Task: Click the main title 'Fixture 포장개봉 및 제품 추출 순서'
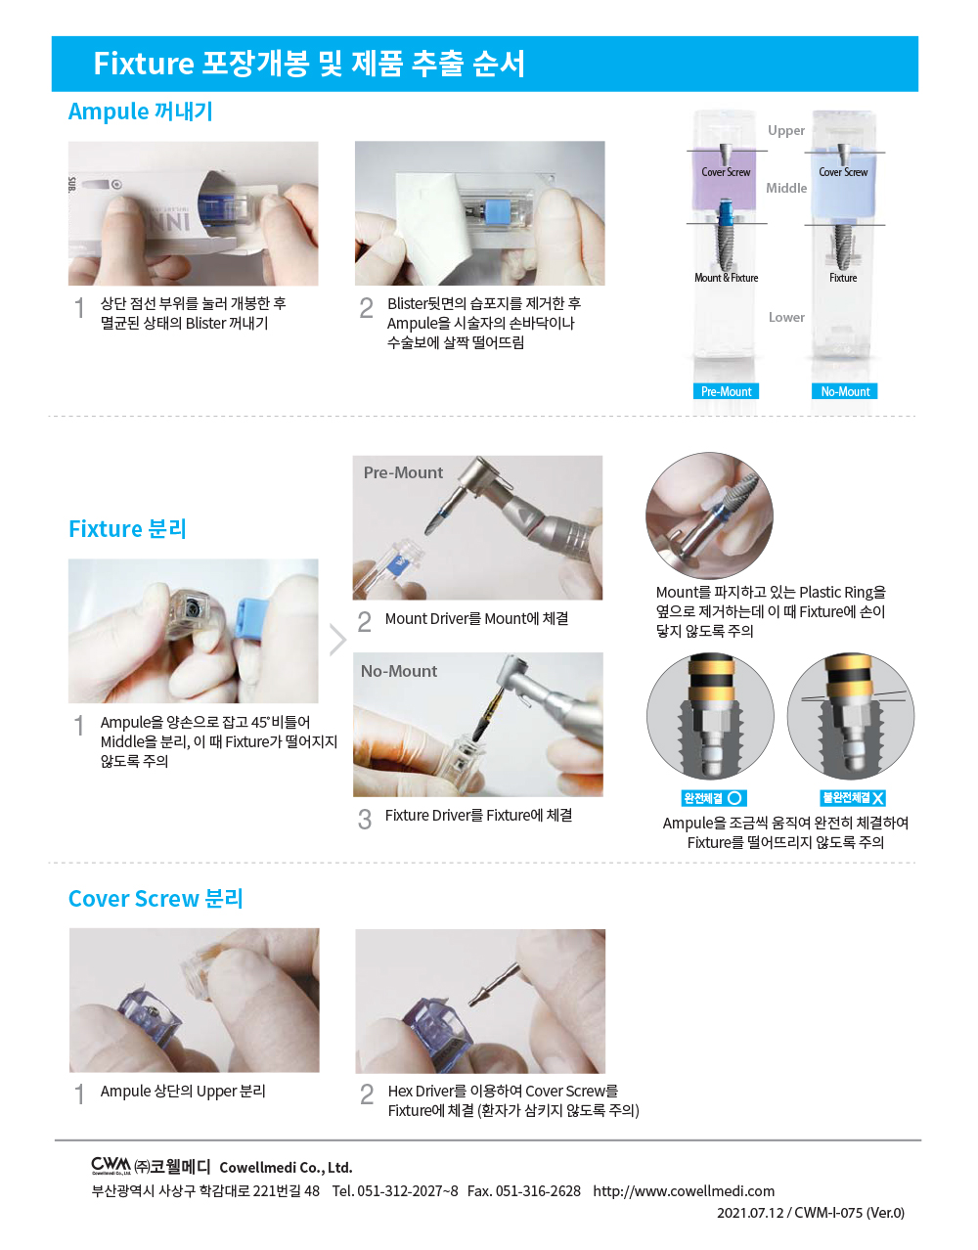tap(309, 64)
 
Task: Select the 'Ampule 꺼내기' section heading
tap(140, 112)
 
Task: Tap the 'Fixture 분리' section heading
tap(127, 529)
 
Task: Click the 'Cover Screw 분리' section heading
tap(156, 899)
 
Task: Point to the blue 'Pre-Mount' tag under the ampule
tap(726, 391)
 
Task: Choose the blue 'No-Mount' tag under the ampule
tap(845, 391)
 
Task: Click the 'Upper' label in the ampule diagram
tap(785, 130)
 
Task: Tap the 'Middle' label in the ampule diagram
tap(786, 188)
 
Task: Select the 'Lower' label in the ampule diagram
tap(786, 317)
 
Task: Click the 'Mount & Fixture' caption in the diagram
tap(726, 278)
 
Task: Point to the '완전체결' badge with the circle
tap(714, 798)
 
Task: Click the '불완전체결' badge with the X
tap(853, 798)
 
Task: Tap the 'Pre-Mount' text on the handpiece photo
tap(403, 472)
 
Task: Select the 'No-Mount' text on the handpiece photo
tap(399, 671)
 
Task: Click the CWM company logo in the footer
tap(111, 1165)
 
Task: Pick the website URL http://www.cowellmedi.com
tap(683, 1190)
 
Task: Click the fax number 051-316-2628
tap(537, 1190)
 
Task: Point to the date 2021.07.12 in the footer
tap(750, 1213)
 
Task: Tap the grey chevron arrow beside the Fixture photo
tap(337, 640)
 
